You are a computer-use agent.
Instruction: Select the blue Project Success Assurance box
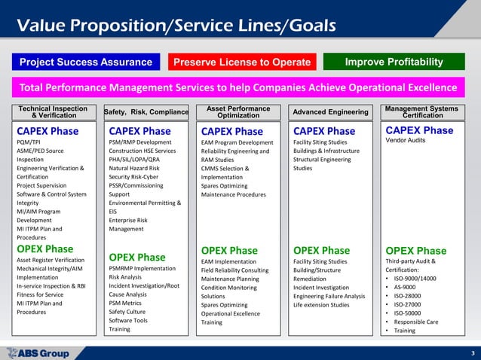(x=85, y=62)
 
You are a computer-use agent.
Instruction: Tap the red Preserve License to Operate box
(x=243, y=62)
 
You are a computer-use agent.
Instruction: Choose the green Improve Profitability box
(x=394, y=62)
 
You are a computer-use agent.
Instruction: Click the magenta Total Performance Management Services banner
(x=240, y=86)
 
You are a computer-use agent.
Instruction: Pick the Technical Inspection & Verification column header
(x=54, y=112)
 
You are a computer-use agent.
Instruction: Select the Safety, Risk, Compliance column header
(x=146, y=112)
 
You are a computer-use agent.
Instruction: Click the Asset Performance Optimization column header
(x=238, y=112)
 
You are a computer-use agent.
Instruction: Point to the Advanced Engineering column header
(x=330, y=112)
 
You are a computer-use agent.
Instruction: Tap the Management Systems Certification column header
(x=421, y=112)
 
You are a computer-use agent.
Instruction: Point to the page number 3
(x=471, y=353)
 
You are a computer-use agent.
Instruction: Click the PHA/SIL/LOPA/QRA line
(x=134, y=160)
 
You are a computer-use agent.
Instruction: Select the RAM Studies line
(x=218, y=160)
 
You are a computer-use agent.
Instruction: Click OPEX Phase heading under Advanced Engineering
(x=321, y=250)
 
